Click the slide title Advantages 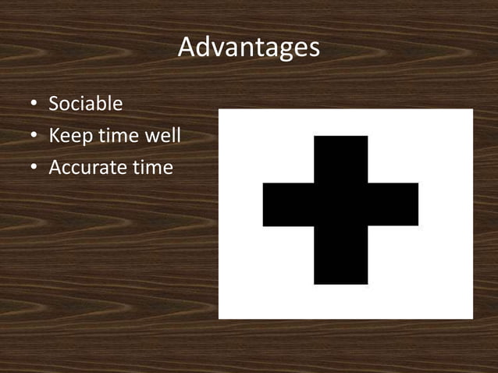click(x=248, y=48)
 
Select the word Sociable click(x=85, y=104)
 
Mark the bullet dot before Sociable click(x=34, y=105)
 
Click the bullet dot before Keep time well click(x=34, y=137)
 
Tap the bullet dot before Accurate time click(x=34, y=168)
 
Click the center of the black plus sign click(x=340, y=205)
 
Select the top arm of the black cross click(x=340, y=158)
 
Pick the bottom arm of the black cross click(x=340, y=256)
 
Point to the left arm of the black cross click(x=287, y=205)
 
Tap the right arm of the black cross click(x=393, y=205)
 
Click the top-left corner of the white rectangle click(x=219, y=109)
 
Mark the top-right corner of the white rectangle click(x=471, y=109)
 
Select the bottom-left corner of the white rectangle click(x=219, y=318)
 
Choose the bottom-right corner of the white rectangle click(x=471, y=318)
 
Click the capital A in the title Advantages click(x=187, y=48)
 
